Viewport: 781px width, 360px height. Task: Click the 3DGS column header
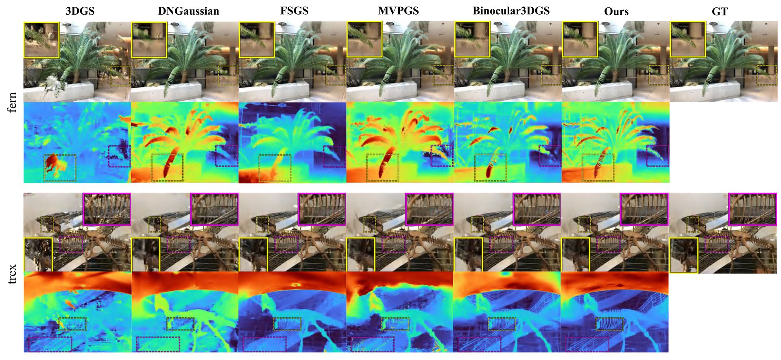(x=80, y=11)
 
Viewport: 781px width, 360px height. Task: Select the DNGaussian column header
(x=188, y=11)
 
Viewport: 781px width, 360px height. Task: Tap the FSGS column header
(x=295, y=11)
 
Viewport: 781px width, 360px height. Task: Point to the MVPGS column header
(x=399, y=11)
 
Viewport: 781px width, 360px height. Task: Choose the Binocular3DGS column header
(x=511, y=11)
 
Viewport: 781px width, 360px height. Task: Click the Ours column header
(x=616, y=11)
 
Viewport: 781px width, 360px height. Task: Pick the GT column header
(x=720, y=11)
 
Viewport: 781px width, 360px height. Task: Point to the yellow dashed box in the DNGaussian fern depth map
(x=167, y=168)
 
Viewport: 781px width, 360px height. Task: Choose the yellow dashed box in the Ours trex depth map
(x=609, y=324)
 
